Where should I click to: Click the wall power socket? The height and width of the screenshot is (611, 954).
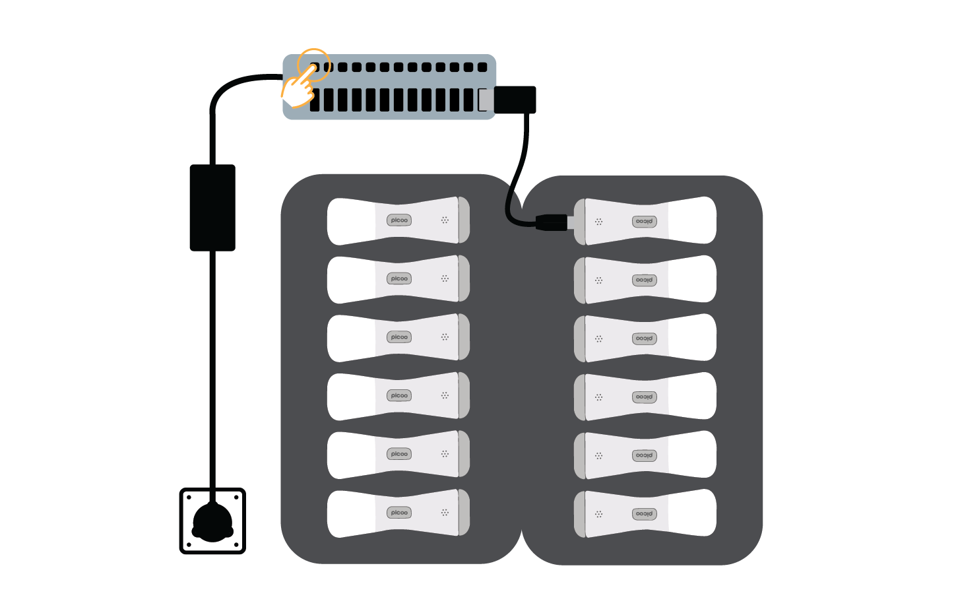pos(212,521)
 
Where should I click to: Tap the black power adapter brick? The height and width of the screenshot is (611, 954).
pos(212,207)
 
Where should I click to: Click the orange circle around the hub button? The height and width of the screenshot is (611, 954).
pos(314,65)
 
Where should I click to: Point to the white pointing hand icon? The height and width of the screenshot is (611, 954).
pos(298,89)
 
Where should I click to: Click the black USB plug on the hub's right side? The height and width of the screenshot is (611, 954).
pos(515,100)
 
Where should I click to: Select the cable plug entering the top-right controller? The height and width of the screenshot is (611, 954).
pos(552,222)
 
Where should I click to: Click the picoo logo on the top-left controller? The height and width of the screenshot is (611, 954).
pos(399,220)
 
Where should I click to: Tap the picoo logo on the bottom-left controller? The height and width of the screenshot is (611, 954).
pos(399,513)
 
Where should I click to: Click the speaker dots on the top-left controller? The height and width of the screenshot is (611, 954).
pos(445,220)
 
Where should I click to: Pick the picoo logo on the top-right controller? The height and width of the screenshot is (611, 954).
pos(644,222)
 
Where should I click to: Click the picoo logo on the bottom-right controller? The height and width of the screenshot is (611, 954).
pos(644,514)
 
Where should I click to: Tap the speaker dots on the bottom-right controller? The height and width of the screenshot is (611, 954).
pos(598,514)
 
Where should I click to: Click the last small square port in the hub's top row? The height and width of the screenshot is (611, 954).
pos(482,67)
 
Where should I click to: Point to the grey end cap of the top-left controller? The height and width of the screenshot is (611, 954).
pos(464,220)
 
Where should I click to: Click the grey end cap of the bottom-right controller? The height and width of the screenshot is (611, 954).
pos(580,514)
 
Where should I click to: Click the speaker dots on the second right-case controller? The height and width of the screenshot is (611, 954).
pos(598,280)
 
